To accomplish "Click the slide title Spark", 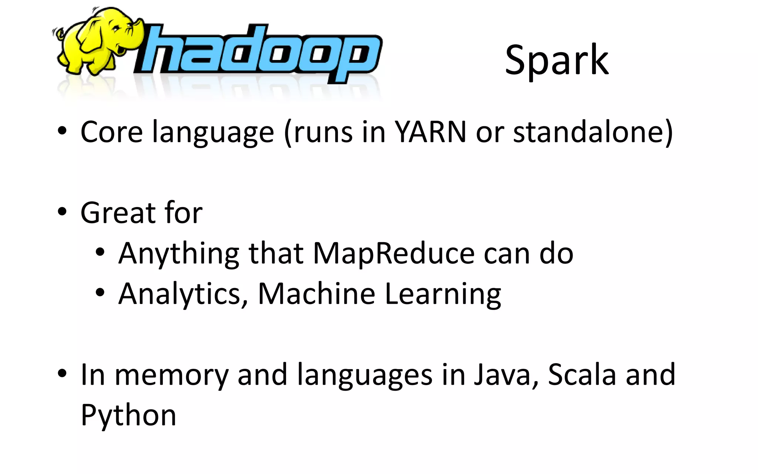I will [x=557, y=60].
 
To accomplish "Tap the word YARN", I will [x=430, y=132].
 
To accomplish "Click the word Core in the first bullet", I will [x=111, y=132].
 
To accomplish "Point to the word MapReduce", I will [x=394, y=254].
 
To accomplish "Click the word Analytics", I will [x=180, y=294].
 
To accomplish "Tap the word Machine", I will [x=316, y=294].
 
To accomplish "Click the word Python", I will [x=128, y=416].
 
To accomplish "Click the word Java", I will [x=502, y=375].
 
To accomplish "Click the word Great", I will [x=118, y=213].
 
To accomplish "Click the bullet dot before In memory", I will [x=62, y=373].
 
